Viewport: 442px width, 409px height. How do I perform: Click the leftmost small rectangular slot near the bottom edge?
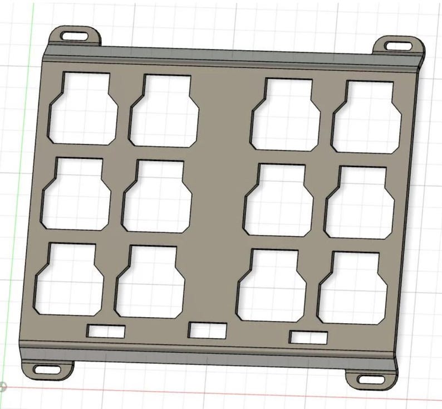106,331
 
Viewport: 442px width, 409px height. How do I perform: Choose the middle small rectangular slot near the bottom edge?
208,330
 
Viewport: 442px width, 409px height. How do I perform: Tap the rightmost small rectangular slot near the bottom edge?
308,337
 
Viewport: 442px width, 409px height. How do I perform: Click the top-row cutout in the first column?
85,109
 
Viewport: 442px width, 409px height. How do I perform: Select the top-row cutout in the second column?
164,111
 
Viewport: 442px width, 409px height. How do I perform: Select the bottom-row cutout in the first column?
70,279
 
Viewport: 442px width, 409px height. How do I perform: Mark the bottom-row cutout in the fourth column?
353,289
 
